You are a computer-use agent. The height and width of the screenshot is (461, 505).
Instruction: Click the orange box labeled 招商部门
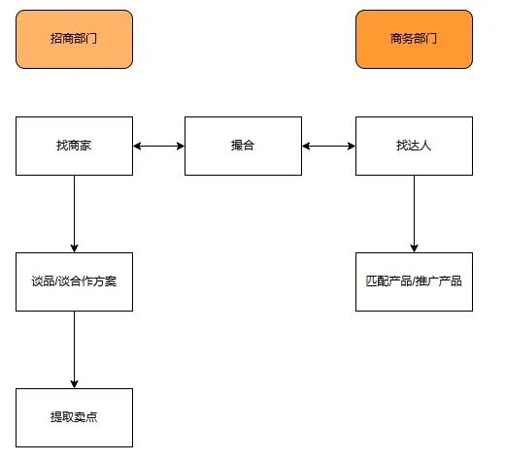[74, 40]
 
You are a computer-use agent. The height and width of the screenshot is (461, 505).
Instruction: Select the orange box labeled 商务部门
[414, 40]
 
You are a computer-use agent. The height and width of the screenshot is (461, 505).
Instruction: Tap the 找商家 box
[74, 146]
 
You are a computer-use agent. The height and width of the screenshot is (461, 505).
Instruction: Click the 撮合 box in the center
[243, 146]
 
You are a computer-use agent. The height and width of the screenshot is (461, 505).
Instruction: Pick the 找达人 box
[414, 146]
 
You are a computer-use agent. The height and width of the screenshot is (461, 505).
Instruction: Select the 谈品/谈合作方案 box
[74, 281]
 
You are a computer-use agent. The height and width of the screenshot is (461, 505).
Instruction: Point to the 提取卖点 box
[74, 417]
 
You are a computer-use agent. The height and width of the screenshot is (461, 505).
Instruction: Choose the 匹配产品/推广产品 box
[414, 281]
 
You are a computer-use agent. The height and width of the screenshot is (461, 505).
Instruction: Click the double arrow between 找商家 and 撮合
[158, 146]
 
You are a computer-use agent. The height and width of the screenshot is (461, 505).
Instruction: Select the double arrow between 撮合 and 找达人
[328, 146]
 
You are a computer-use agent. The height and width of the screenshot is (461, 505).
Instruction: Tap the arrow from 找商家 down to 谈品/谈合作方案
[74, 214]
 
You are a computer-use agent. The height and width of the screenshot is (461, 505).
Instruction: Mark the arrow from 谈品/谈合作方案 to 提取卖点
[74, 349]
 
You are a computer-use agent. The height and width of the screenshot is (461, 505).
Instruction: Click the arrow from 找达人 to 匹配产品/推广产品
[414, 214]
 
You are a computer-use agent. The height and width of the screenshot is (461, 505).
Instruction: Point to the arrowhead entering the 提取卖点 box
[74, 382]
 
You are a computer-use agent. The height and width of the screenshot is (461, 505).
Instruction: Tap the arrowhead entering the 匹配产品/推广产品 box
[414, 247]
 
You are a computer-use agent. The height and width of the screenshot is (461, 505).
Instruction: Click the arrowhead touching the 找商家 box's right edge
[138, 146]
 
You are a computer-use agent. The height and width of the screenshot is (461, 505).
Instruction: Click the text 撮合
[243, 146]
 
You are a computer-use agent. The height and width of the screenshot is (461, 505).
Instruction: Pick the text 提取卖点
[74, 417]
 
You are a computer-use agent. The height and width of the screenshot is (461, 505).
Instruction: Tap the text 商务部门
[414, 40]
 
